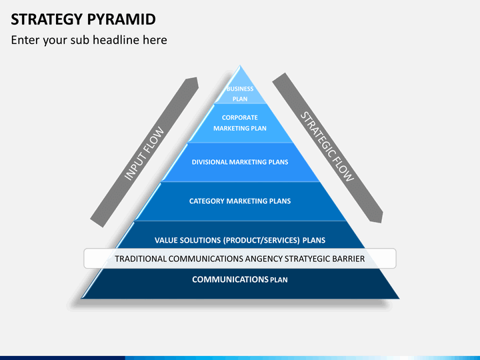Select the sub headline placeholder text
[x=89, y=40]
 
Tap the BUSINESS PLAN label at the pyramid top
[x=239, y=93]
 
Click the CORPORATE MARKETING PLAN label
[x=239, y=123]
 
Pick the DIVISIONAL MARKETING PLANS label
[x=239, y=162]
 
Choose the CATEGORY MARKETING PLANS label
[x=239, y=201]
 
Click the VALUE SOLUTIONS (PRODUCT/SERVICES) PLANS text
[x=239, y=240]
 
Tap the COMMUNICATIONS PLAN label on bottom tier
[x=239, y=279]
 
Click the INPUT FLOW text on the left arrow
[x=145, y=153]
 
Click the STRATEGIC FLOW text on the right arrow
[x=327, y=147]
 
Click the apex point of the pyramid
[x=239, y=66]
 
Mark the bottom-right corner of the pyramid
[x=399, y=298]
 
